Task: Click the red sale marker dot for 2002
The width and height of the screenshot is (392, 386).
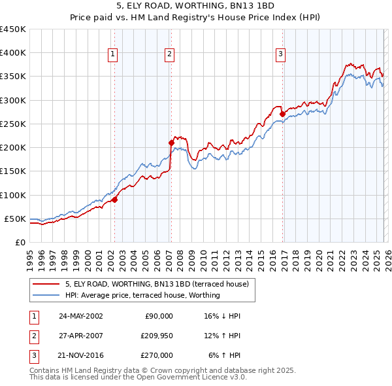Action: point(114,200)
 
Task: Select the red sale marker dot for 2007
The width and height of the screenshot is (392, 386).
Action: point(171,142)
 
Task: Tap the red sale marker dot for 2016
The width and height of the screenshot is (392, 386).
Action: point(282,114)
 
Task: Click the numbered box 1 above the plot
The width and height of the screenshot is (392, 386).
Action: point(113,54)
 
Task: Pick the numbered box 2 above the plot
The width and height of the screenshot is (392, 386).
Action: point(169,54)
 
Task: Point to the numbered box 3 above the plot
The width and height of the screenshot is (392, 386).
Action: point(280,54)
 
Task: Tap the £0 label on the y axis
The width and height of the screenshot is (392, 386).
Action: point(20,242)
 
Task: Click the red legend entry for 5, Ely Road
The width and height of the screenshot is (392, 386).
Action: point(157,284)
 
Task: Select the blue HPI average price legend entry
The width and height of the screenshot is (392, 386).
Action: point(142,296)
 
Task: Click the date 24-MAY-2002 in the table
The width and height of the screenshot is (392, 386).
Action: point(80,315)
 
